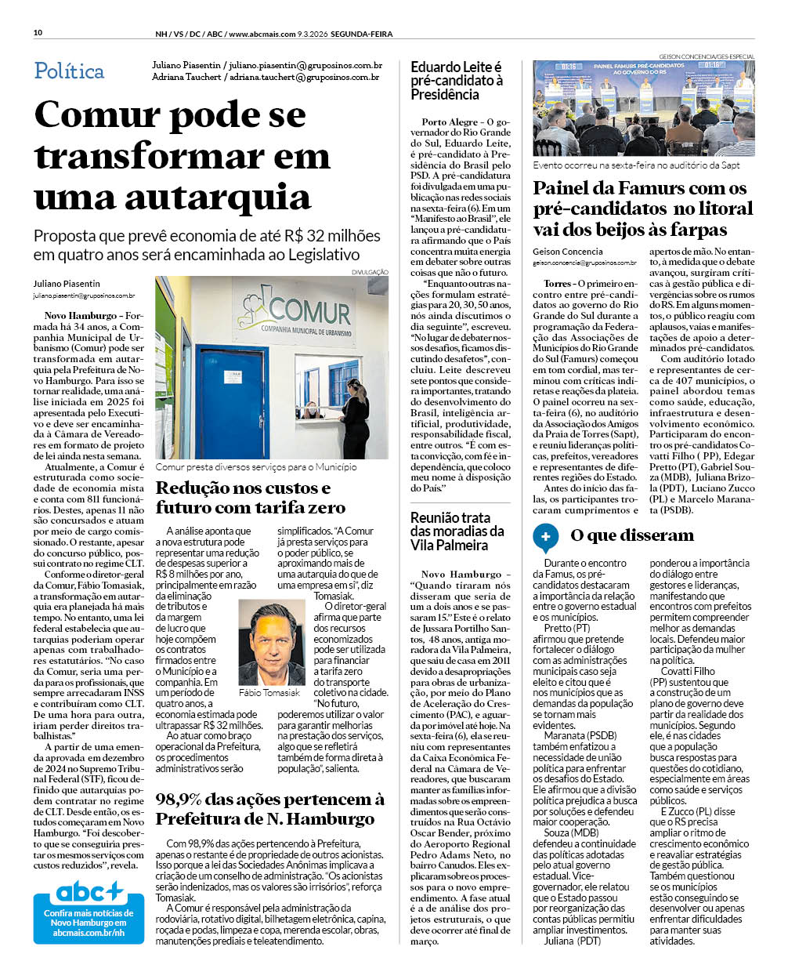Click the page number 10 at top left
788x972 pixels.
click(38, 33)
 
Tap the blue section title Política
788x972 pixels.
click(69, 71)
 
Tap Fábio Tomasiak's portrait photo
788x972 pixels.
click(271, 643)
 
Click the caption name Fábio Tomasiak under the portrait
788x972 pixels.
click(269, 693)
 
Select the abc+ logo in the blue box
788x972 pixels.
click(89, 892)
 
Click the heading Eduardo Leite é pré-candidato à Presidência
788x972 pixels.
click(457, 81)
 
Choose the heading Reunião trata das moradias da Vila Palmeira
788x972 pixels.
click(457, 531)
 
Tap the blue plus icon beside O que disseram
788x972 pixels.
click(545, 536)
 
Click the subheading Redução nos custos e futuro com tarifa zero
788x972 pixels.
click(251, 497)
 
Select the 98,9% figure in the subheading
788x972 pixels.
click(179, 800)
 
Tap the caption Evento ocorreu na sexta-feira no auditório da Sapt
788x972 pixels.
click(636, 165)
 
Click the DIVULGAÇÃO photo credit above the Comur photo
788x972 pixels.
click(370, 272)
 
